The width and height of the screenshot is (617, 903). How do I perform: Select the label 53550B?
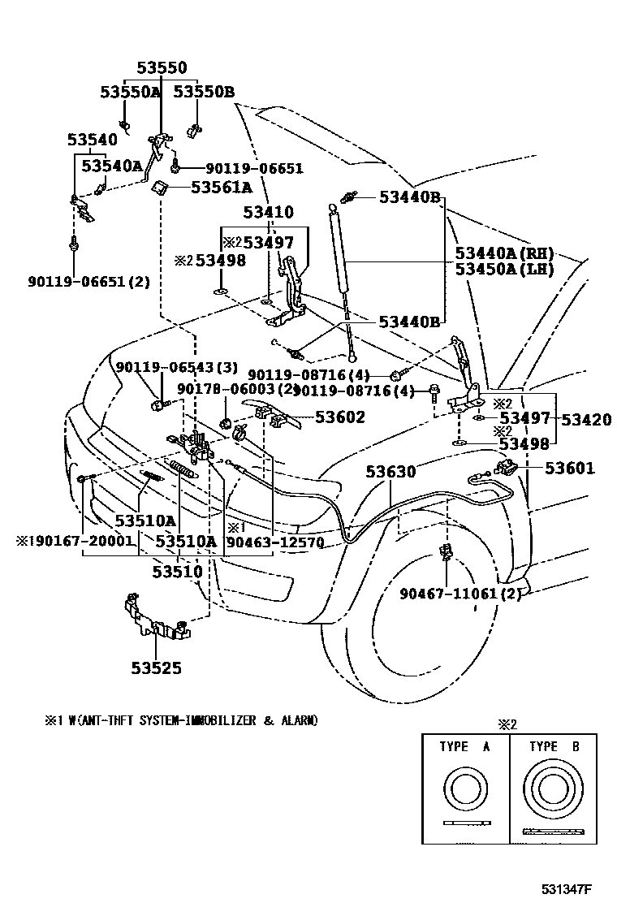coord(203,93)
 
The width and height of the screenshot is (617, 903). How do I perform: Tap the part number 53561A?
coord(221,188)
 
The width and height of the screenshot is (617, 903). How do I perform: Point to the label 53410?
coord(268,213)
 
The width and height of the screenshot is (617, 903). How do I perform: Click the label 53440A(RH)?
coord(504,253)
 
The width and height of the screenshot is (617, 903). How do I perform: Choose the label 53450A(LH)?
coord(504,269)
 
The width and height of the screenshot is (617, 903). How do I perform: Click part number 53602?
coord(340,417)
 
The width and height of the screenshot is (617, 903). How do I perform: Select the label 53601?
coord(569,469)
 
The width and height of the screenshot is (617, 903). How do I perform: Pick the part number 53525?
coord(157,668)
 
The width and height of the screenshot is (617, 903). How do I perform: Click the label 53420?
coord(586,419)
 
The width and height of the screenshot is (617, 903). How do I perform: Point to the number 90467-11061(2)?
coord(460,593)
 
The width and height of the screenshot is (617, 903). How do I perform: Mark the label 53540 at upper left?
coord(92,140)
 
